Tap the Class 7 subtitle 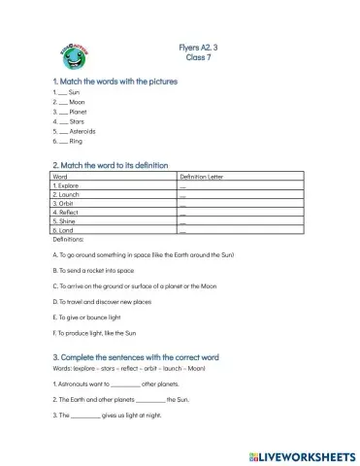pyautogui.click(x=199, y=58)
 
